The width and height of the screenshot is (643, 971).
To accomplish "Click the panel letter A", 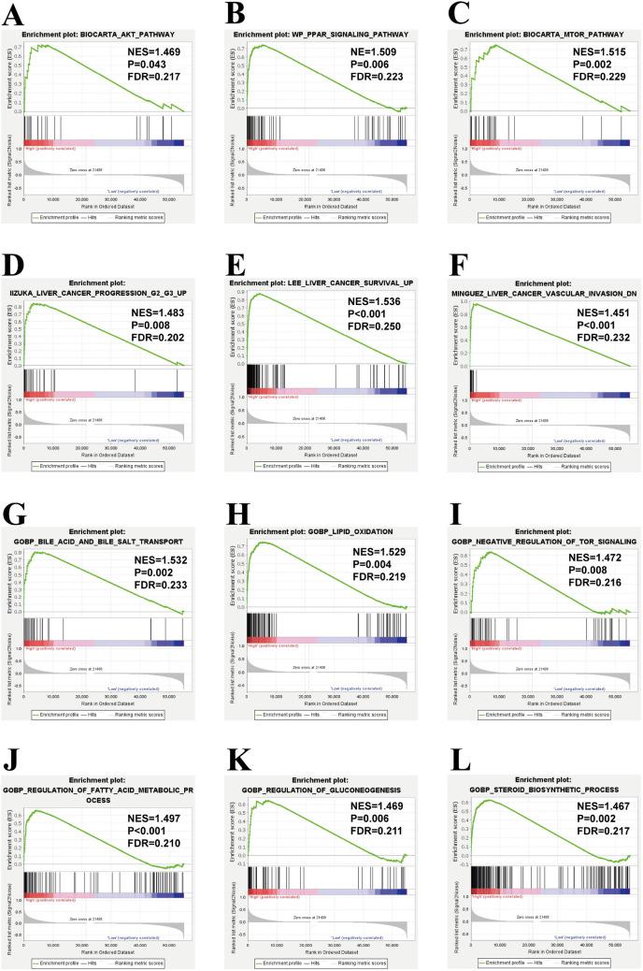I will coord(12,13).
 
